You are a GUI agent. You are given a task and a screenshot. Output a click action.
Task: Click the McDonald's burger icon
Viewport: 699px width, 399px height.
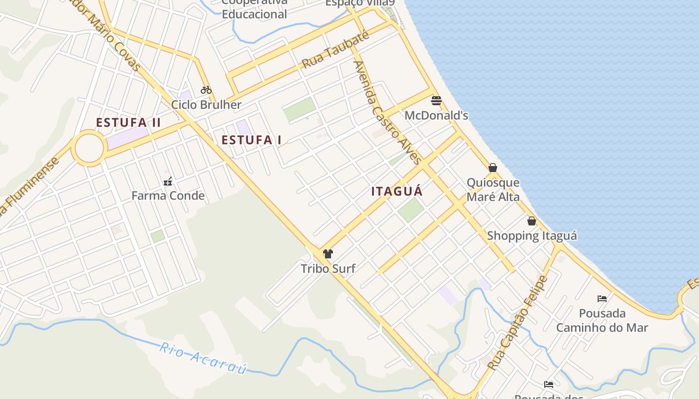click(x=436, y=101)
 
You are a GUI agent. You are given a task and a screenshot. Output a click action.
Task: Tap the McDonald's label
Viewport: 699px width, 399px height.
click(x=436, y=116)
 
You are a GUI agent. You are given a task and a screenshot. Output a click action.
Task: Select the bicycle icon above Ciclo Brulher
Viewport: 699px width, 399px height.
click(x=206, y=90)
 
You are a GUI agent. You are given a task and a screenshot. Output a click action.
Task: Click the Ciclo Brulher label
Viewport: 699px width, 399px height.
click(x=206, y=105)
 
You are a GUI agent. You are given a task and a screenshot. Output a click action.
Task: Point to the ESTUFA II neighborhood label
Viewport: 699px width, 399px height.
click(x=128, y=123)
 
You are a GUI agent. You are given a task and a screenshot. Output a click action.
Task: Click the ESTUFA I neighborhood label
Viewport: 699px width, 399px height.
click(x=251, y=140)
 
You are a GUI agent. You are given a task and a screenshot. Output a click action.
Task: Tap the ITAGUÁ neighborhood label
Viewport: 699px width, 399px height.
click(x=397, y=191)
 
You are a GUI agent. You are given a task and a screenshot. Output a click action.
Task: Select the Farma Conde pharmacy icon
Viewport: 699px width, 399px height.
click(x=168, y=181)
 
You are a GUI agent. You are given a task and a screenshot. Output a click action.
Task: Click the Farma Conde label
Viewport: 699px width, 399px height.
click(x=168, y=196)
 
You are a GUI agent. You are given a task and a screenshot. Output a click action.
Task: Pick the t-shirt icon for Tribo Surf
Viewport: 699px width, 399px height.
click(x=328, y=254)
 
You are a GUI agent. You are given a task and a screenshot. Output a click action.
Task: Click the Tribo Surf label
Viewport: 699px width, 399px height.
click(x=328, y=269)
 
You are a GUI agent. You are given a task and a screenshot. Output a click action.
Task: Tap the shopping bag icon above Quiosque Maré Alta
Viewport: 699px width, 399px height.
click(x=493, y=168)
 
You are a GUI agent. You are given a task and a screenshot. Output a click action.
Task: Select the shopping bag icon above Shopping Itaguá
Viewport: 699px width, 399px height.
click(x=532, y=220)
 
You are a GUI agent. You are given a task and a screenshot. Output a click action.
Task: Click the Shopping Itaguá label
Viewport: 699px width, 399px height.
click(x=532, y=235)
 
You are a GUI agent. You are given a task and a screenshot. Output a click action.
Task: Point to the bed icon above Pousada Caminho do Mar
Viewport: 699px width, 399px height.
click(x=602, y=299)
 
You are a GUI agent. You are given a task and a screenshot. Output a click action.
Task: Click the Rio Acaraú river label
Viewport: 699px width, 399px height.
click(x=203, y=358)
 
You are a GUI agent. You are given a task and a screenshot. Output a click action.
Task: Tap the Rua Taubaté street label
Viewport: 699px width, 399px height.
click(x=336, y=50)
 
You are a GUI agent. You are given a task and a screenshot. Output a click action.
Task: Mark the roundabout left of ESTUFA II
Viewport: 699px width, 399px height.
click(x=89, y=148)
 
